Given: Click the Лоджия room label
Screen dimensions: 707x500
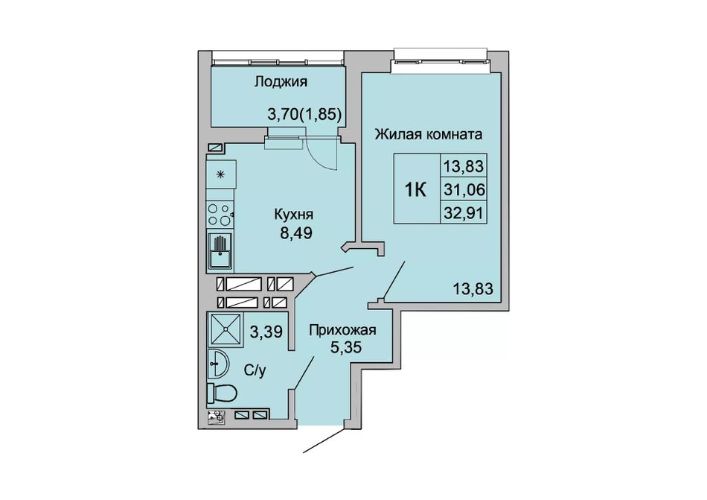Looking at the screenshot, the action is pyautogui.click(x=281, y=82).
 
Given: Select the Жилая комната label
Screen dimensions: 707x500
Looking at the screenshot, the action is pyautogui.click(x=429, y=134).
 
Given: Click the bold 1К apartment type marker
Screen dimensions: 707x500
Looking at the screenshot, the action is pyautogui.click(x=415, y=190).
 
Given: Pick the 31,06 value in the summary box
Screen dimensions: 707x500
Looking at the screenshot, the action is pyautogui.click(x=464, y=190).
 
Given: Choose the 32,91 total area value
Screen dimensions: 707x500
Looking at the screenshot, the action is pyautogui.click(x=464, y=212).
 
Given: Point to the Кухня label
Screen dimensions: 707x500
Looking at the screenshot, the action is pyautogui.click(x=293, y=214).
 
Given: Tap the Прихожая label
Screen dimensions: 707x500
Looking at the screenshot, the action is pyautogui.click(x=342, y=330).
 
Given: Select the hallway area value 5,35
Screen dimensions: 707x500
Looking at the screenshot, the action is pyautogui.click(x=346, y=348).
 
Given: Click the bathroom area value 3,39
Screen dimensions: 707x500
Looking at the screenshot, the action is pyautogui.click(x=266, y=332).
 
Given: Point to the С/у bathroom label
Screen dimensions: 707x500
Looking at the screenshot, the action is pyautogui.click(x=255, y=370).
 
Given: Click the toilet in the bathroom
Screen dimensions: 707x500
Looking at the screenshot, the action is pyautogui.click(x=222, y=393).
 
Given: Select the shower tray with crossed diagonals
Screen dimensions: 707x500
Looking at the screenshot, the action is pyautogui.click(x=225, y=328).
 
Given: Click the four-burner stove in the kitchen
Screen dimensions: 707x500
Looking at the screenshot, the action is pyautogui.click(x=220, y=215).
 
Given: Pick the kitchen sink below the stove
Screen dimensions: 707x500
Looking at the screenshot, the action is pyautogui.click(x=220, y=251).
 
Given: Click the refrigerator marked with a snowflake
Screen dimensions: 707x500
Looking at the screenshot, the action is pyautogui.click(x=221, y=174).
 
